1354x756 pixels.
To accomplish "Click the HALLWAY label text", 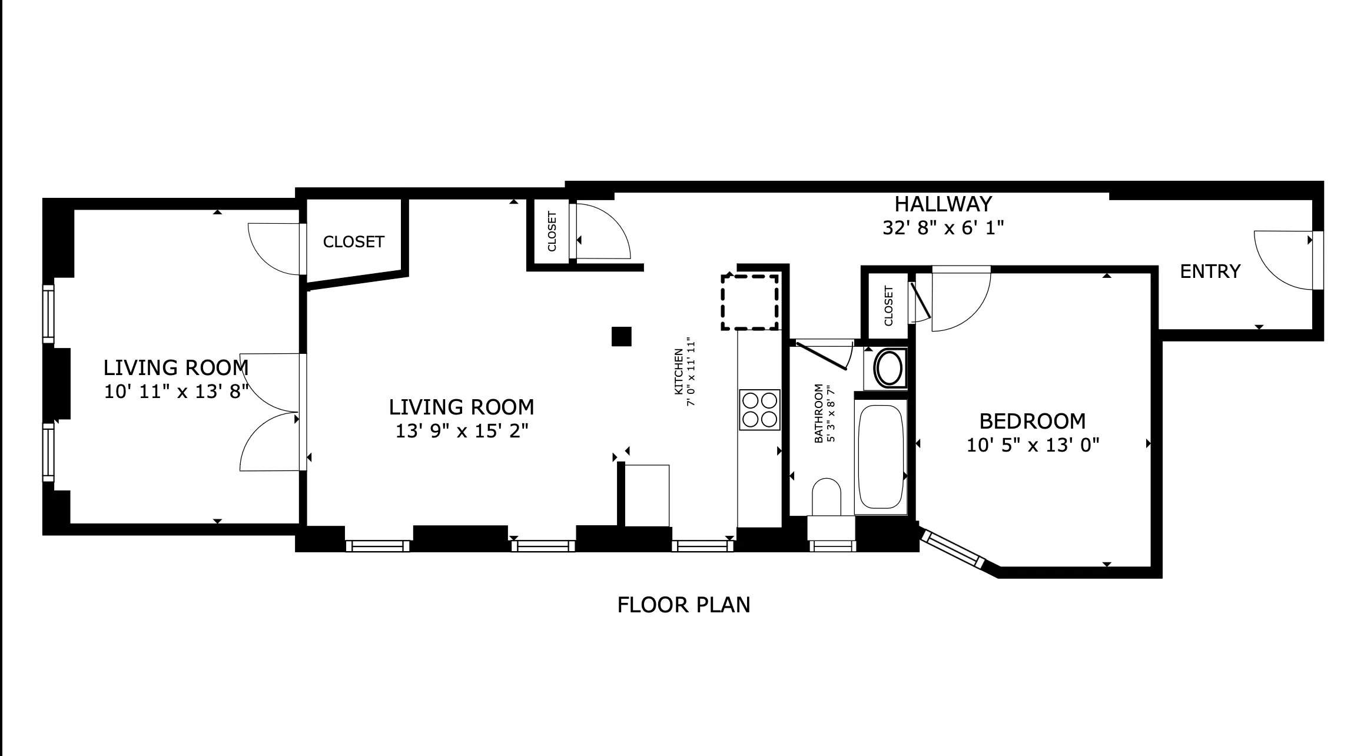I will coord(943,204).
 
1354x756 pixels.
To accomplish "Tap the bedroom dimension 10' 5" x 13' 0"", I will coord(1033,445).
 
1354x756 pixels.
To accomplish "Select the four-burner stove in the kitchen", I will coord(759,410).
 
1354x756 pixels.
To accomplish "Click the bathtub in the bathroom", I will coord(881,456).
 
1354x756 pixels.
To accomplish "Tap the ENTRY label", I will coord(1210,271).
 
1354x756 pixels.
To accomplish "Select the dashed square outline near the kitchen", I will coord(750,302).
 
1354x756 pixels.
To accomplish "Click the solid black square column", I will coord(621,336).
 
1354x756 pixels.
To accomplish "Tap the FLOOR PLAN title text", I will coord(683,605).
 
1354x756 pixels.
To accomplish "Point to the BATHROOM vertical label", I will coord(818,413).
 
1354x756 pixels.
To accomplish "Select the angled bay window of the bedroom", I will coord(952,549).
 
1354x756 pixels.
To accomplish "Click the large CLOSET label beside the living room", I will coord(353,242).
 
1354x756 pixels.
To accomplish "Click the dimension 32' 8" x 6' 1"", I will coord(943,228).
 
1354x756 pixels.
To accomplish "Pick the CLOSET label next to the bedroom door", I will coord(888,306).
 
